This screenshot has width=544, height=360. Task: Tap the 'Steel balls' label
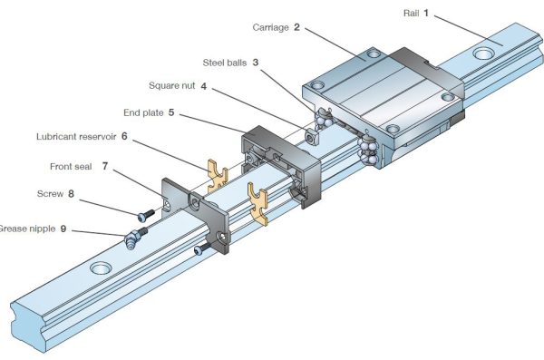[x=226, y=62]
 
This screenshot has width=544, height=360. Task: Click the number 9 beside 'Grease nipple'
[x=63, y=229]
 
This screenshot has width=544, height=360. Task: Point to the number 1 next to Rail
[x=439, y=13]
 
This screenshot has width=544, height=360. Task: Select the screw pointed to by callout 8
[x=146, y=216]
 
